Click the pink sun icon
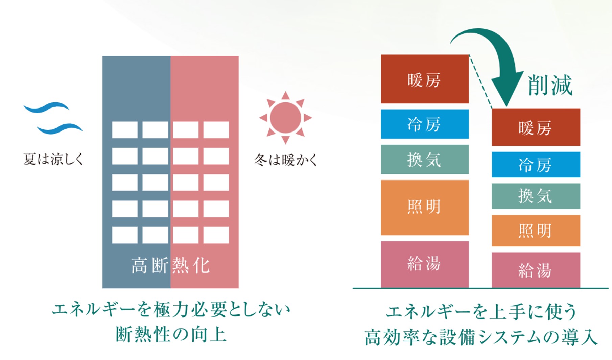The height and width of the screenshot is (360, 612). [x=285, y=118]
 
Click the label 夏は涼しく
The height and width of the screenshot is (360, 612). [x=53, y=159]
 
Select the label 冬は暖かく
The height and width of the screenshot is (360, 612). [x=286, y=160]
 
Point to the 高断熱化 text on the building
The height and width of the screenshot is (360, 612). [x=170, y=265]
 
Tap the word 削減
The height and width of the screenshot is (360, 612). [x=550, y=85]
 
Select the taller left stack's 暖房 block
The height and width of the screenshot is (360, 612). [x=424, y=79]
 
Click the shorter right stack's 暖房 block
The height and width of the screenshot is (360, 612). [x=536, y=127]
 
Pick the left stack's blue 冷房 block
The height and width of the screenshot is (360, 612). [x=424, y=124]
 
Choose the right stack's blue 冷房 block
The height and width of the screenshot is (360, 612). [x=536, y=165]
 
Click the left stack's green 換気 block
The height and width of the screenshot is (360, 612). [x=424, y=159]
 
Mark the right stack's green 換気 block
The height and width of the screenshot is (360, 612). [x=536, y=196]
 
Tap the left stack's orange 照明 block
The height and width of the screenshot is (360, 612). [x=424, y=207]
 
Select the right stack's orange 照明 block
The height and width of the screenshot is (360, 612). [x=536, y=231]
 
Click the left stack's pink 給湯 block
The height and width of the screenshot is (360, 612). [x=424, y=264]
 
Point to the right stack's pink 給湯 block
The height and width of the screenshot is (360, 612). [x=536, y=270]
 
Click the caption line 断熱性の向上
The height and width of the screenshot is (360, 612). [x=171, y=334]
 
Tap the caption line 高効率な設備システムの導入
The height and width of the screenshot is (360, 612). [x=480, y=337]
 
